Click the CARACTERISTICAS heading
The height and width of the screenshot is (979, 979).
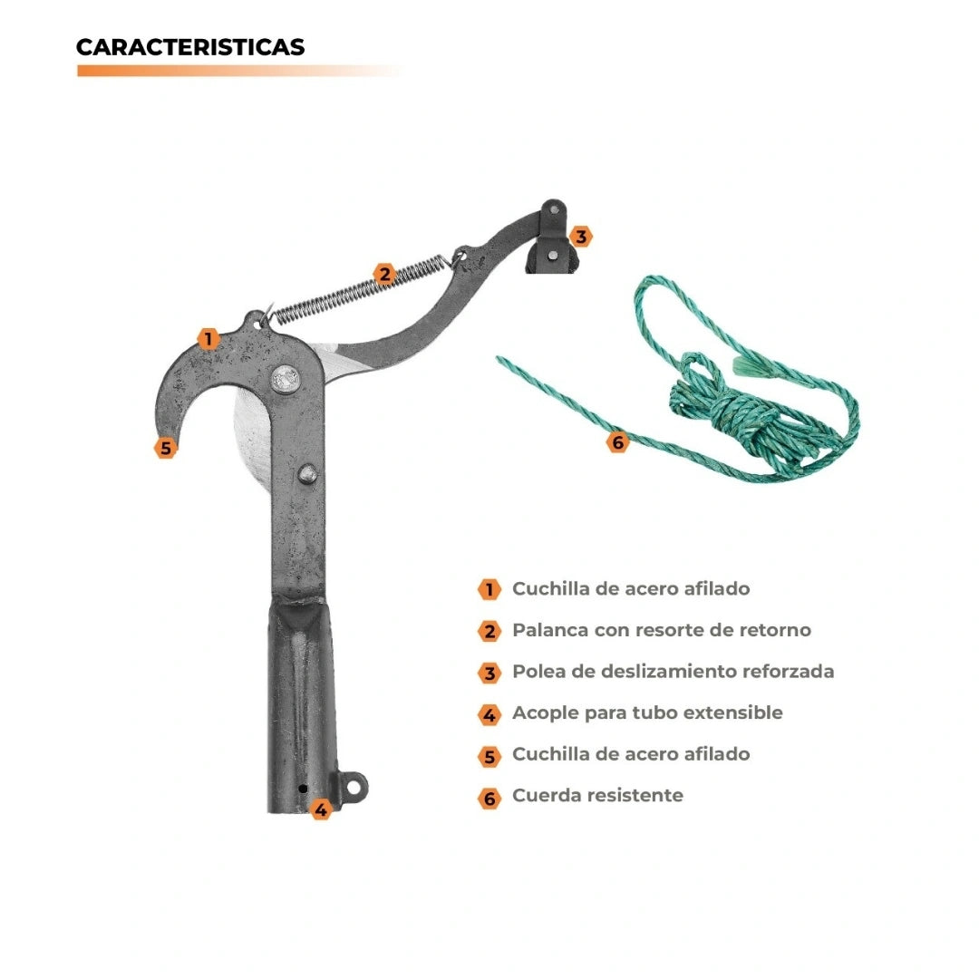click(x=190, y=47)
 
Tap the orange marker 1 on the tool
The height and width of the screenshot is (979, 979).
click(x=208, y=339)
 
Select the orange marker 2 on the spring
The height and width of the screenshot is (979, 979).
click(x=384, y=274)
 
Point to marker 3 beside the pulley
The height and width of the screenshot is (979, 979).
click(x=581, y=237)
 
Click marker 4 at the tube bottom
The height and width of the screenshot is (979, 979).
click(x=321, y=809)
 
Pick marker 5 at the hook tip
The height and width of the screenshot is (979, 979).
click(x=166, y=448)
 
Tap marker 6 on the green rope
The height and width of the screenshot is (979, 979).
click(x=617, y=442)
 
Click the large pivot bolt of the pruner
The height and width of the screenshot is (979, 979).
click(x=285, y=378)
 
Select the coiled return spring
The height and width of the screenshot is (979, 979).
click(x=359, y=291)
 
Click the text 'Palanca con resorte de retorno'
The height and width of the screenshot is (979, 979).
click(x=662, y=630)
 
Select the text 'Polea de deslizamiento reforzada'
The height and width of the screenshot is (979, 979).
click(x=673, y=671)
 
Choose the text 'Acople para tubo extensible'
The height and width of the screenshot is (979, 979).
click(x=647, y=713)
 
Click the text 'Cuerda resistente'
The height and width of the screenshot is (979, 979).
click(x=597, y=796)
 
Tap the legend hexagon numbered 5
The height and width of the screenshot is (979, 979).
click(x=489, y=757)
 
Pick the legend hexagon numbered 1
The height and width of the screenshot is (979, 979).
click(x=489, y=589)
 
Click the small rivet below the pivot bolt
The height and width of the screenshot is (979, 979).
click(x=306, y=474)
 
